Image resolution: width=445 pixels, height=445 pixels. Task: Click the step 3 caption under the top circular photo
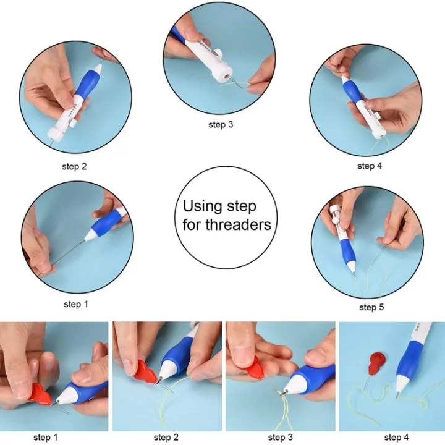tap(221, 124)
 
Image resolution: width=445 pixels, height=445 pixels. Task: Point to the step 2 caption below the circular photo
tap(74, 166)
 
